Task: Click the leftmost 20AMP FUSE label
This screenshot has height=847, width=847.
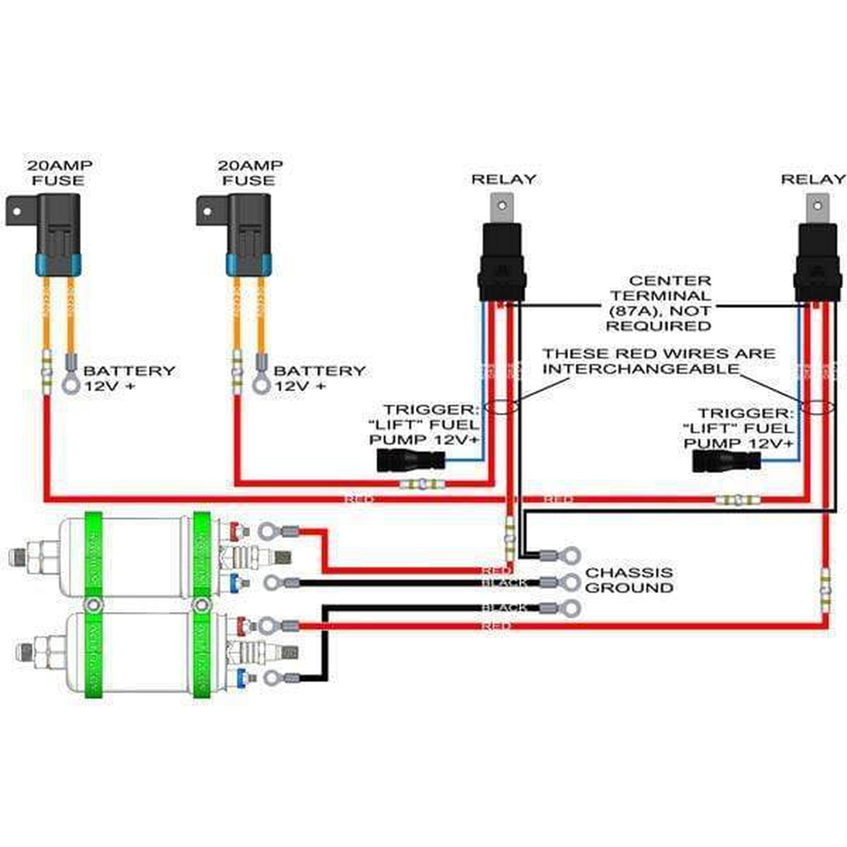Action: click(x=59, y=173)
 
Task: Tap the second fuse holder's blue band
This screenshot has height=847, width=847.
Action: click(x=249, y=264)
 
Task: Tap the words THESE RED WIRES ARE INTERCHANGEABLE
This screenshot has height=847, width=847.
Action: click(x=659, y=361)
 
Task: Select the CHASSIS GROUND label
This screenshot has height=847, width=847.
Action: click(x=629, y=580)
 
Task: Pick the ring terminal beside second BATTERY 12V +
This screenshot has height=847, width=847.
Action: click(x=261, y=385)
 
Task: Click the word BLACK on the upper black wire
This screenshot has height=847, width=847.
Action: click(x=503, y=583)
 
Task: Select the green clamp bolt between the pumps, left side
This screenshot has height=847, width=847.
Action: click(x=93, y=605)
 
